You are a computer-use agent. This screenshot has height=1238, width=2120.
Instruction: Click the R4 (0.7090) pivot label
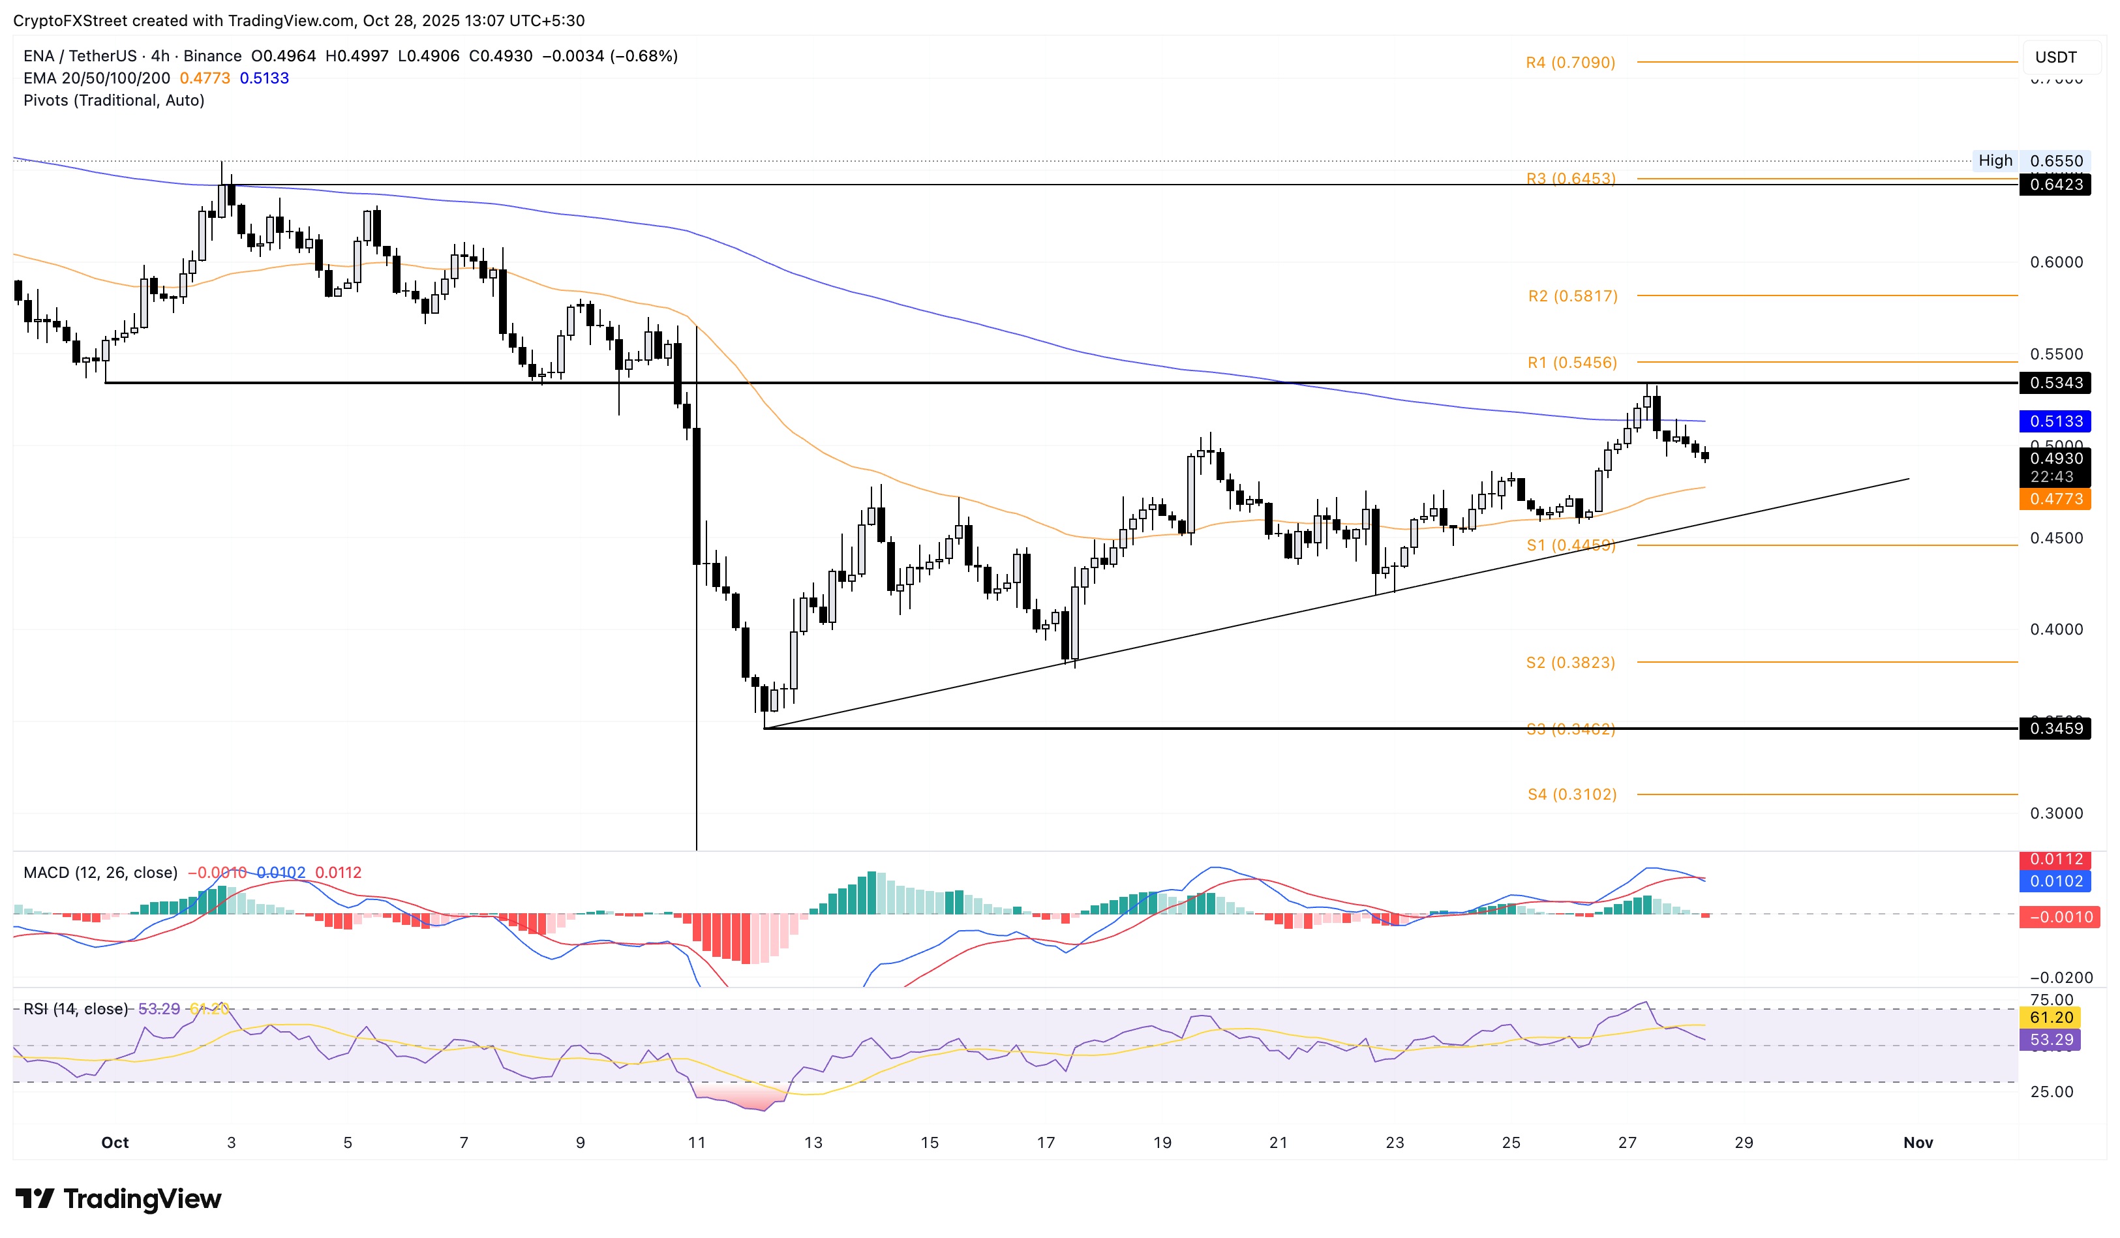1570,62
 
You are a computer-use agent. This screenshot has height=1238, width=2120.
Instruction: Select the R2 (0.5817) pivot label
1572,296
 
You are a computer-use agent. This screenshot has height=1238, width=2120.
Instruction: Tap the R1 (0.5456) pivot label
1571,363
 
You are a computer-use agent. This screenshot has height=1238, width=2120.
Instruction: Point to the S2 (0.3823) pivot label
1570,663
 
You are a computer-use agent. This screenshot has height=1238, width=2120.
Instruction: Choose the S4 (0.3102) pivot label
1571,794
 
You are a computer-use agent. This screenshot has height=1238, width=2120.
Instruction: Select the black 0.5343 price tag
2055,384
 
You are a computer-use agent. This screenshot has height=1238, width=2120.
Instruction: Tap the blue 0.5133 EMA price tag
2055,421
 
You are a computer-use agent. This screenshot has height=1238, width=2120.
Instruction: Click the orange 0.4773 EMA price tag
2055,500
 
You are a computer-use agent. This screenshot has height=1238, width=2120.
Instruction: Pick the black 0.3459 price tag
2055,729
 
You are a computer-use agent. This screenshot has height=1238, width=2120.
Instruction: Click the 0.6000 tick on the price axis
2055,262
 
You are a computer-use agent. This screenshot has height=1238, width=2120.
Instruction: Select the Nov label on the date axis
1917,1142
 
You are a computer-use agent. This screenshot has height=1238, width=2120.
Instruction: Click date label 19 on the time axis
1162,1142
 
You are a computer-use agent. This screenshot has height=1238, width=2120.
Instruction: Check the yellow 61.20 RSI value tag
2050,1018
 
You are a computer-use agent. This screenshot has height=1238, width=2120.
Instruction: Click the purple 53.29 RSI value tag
2050,1040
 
